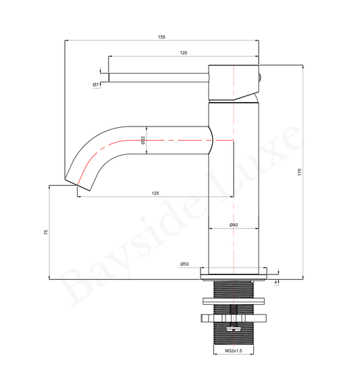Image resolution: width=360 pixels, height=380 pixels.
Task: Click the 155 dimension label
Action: (161, 37)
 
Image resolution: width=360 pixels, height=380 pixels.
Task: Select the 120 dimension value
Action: (184, 53)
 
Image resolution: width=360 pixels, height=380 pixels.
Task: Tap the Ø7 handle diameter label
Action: (96, 85)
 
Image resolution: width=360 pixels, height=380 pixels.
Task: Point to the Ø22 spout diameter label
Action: (143, 140)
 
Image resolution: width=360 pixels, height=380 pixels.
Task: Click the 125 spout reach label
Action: (155, 193)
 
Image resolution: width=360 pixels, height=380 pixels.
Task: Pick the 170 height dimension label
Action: (299, 172)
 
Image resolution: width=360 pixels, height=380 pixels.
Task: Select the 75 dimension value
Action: (46, 232)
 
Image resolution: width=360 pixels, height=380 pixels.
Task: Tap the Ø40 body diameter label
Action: (234, 225)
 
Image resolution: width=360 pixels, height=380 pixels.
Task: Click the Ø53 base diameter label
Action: (184, 264)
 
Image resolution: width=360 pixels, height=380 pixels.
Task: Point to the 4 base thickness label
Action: (276, 283)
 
